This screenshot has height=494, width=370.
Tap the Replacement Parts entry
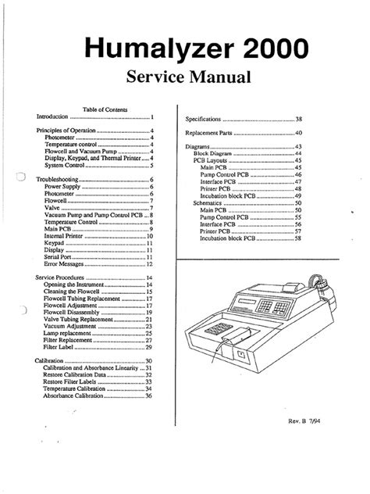coord(209,134)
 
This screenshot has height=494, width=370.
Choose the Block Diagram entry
coord(214,155)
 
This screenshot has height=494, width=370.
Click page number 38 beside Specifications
coord(298,120)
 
